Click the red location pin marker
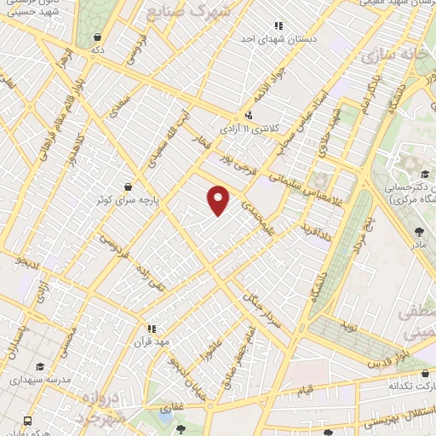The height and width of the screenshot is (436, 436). click(x=219, y=200)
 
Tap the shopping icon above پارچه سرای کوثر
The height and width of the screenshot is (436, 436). click(x=128, y=186)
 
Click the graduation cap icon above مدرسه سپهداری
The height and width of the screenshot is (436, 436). click(x=40, y=366)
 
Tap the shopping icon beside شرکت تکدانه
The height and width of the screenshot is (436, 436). click(x=424, y=374)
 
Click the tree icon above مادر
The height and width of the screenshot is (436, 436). click(x=418, y=231)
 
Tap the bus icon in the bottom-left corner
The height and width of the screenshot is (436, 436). click(x=28, y=421)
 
